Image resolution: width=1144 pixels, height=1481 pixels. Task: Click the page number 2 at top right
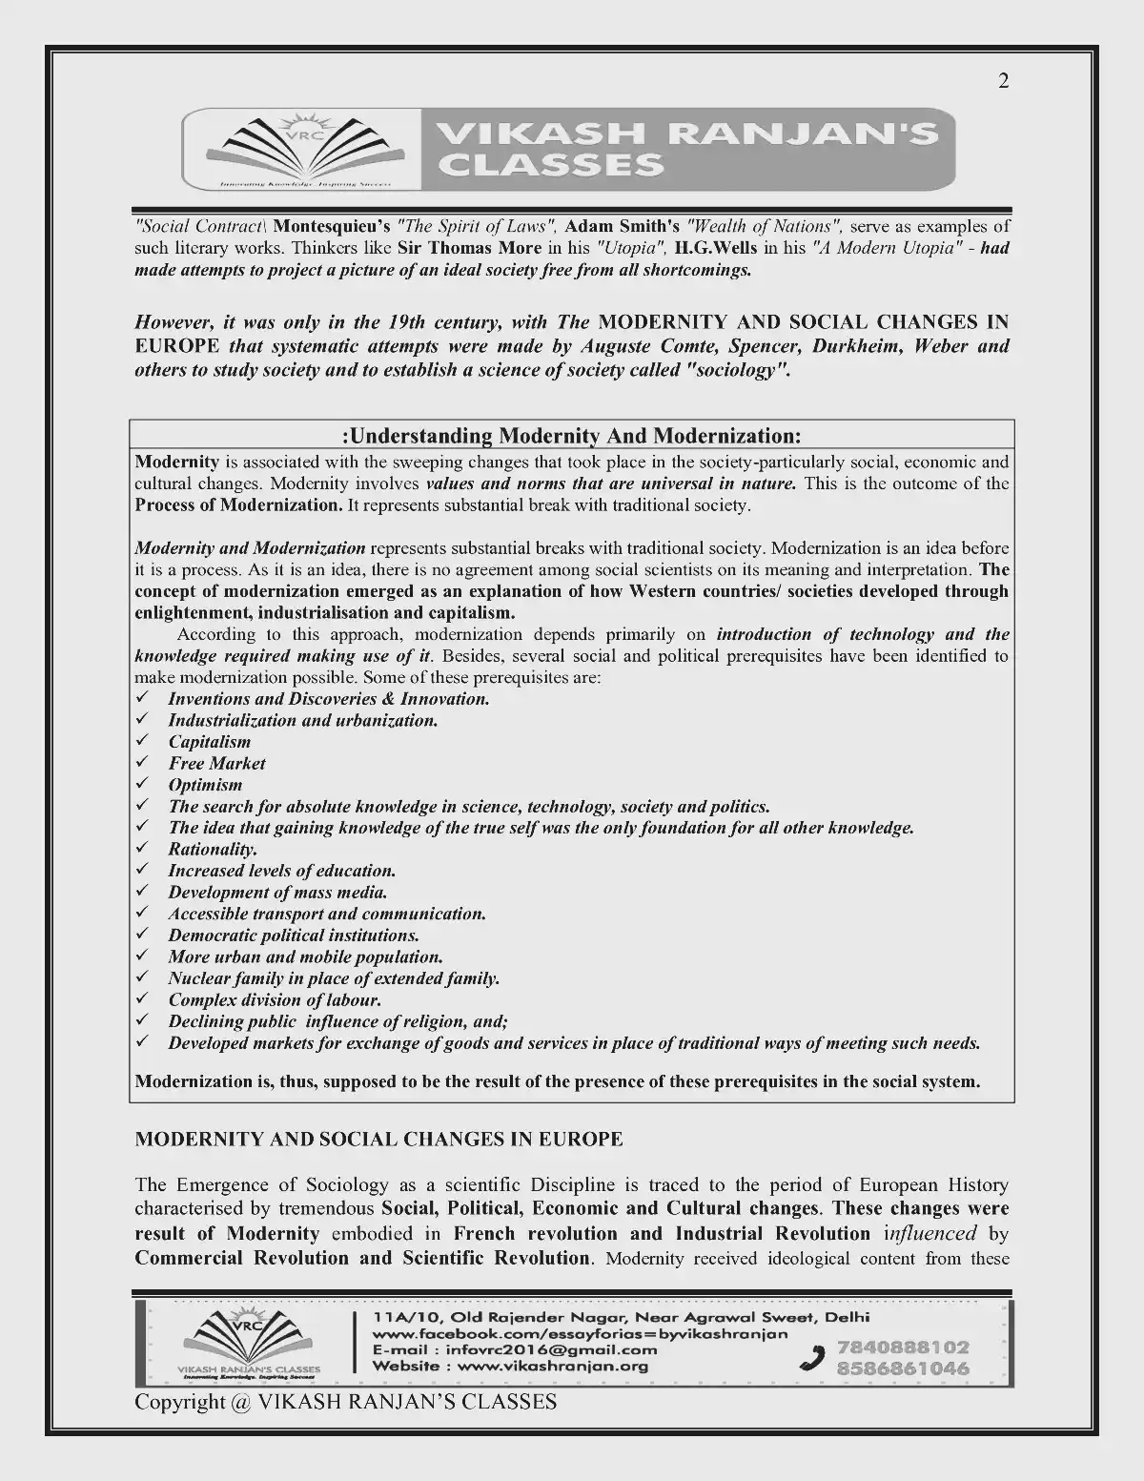pyautogui.click(x=1003, y=82)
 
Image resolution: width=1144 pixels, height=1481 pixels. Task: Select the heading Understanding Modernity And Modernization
pyautogui.click(x=571, y=436)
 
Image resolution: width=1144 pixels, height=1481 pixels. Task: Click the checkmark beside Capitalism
pyautogui.click(x=142, y=741)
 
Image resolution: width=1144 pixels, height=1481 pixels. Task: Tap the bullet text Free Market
pyautogui.click(x=217, y=763)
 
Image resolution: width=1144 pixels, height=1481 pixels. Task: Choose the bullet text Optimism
pyautogui.click(x=205, y=785)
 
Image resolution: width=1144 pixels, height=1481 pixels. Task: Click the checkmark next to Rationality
pyautogui.click(x=142, y=849)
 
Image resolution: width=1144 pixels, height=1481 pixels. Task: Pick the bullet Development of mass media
pyautogui.click(x=277, y=893)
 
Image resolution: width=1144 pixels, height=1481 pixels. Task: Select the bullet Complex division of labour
pyautogui.click(x=275, y=1000)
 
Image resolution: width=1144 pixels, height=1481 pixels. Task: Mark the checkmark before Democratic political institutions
pyautogui.click(x=142, y=936)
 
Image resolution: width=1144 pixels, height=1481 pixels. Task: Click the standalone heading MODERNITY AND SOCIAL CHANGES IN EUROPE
pyautogui.click(x=378, y=1139)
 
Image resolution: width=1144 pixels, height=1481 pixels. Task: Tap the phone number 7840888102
pyautogui.click(x=903, y=1347)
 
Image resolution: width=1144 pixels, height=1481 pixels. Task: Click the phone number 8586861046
pyautogui.click(x=903, y=1368)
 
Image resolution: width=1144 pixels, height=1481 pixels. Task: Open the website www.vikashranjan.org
pyautogui.click(x=553, y=1366)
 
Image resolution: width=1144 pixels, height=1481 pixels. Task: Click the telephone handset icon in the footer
pyautogui.click(x=812, y=1358)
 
